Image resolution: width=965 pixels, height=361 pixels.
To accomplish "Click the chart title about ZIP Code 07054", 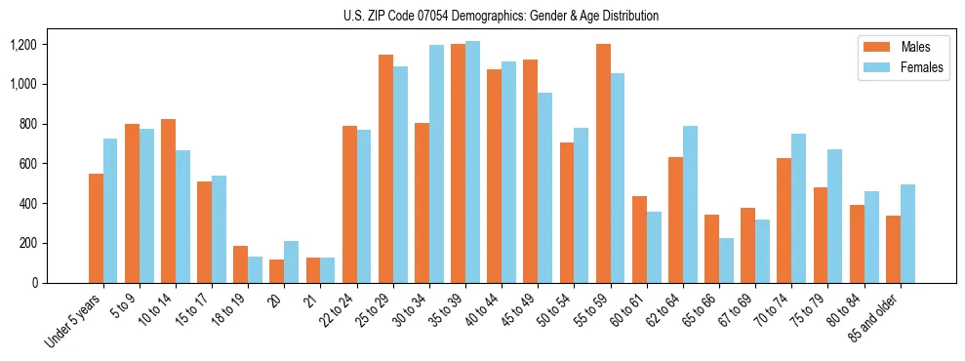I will [x=501, y=16].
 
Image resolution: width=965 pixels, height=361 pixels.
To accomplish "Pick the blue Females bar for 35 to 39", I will [x=472, y=162].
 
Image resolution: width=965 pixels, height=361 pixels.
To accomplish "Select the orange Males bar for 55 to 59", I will [x=603, y=163].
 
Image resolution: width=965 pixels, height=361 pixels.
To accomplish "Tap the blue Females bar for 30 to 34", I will [x=436, y=164].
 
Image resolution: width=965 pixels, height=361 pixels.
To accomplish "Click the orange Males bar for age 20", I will [x=277, y=271].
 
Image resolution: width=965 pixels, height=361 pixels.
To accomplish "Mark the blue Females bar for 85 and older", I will [x=907, y=234].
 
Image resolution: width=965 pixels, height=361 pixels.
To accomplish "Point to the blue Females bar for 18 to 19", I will [x=255, y=270].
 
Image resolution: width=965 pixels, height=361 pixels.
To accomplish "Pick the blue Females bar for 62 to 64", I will [x=690, y=205].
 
